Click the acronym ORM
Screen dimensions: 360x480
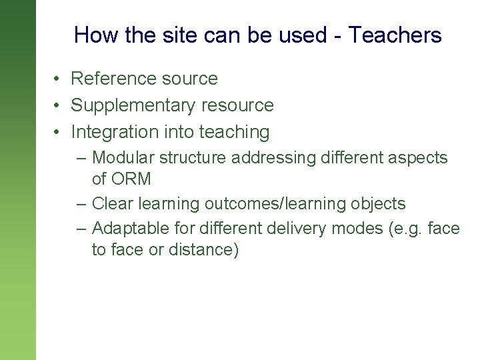tap(131, 179)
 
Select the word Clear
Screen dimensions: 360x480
tap(111, 203)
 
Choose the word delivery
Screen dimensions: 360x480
tap(294, 229)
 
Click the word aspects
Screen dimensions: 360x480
tap(418, 158)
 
